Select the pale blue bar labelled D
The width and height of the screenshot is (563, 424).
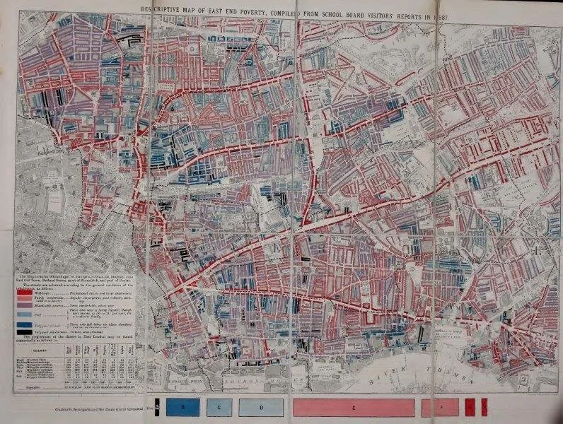pos(261,408)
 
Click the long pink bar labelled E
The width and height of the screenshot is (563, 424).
pos(352,408)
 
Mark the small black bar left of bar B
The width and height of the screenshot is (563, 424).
pos(158,408)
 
